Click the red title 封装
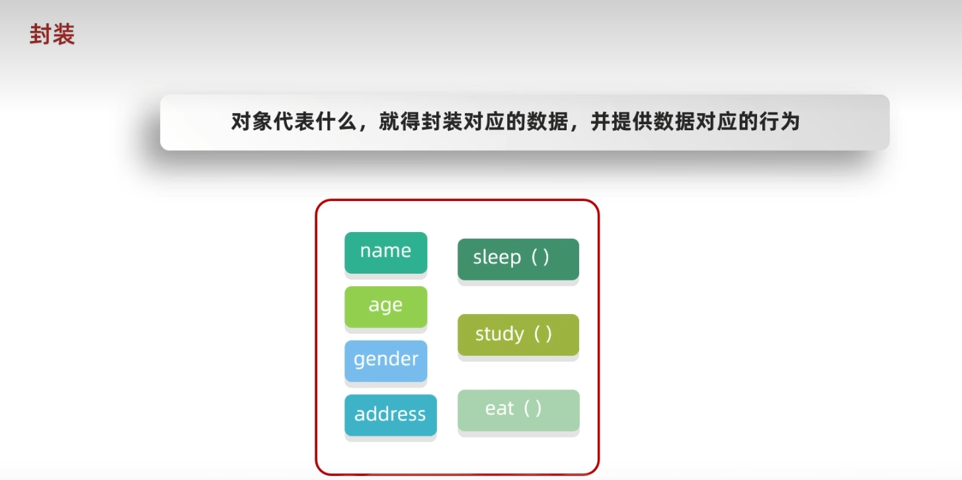tap(52, 35)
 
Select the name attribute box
tap(385, 252)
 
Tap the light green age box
tap(385, 306)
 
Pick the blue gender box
tap(385, 360)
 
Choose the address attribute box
tap(390, 415)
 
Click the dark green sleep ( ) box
tap(518, 259)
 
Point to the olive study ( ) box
tap(518, 335)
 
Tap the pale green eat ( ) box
tap(518, 410)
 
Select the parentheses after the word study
tap(542, 334)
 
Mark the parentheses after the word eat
tap(532, 409)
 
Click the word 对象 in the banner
tap(252, 122)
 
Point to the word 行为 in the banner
tap(779, 122)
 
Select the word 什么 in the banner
tap(337, 122)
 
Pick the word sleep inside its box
tap(497, 258)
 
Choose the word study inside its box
tap(499, 335)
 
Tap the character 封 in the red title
tap(41, 35)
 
